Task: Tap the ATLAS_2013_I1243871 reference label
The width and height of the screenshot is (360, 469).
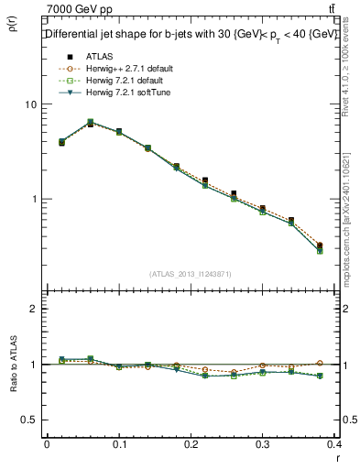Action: coord(191,274)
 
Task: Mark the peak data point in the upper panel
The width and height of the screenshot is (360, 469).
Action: coord(90,122)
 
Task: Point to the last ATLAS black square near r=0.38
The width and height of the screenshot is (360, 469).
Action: coord(319,245)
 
